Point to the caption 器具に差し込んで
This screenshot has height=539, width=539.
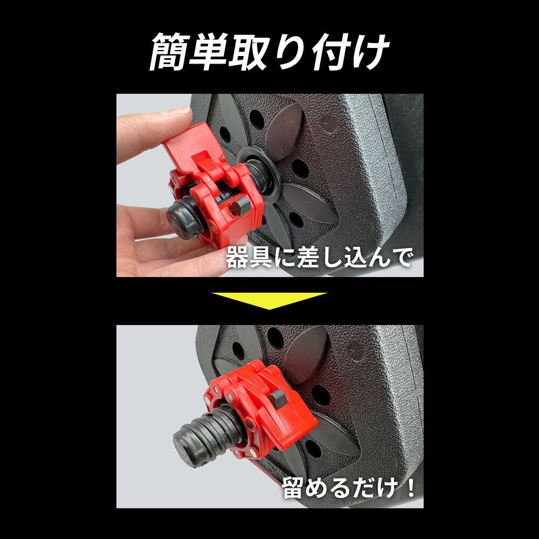coord(319,258)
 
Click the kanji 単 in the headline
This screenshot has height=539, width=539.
coord(208,53)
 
